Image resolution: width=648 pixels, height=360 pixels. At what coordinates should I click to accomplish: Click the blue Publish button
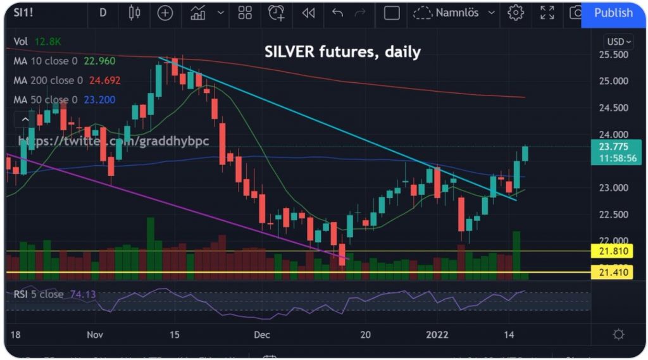pyautogui.click(x=613, y=13)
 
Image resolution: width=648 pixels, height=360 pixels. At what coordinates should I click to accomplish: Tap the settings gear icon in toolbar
pyautogui.click(x=516, y=13)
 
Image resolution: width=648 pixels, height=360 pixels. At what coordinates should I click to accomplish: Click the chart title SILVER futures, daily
pyautogui.click(x=342, y=52)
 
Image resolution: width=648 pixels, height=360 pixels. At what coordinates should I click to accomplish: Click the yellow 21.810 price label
pyautogui.click(x=613, y=251)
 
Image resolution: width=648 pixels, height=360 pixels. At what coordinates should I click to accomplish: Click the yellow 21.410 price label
pyautogui.click(x=613, y=273)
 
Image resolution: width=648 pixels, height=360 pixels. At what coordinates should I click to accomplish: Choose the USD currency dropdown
pyautogui.click(x=619, y=42)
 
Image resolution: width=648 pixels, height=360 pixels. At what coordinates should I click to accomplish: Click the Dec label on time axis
pyautogui.click(x=262, y=335)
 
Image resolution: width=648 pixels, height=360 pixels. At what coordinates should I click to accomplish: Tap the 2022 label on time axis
pyautogui.click(x=438, y=335)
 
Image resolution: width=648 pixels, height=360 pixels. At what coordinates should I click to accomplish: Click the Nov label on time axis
pyautogui.click(x=96, y=335)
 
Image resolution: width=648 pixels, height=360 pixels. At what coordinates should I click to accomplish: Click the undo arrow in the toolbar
pyautogui.click(x=337, y=13)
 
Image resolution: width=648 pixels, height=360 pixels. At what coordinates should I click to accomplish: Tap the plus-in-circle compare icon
pyautogui.click(x=165, y=13)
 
